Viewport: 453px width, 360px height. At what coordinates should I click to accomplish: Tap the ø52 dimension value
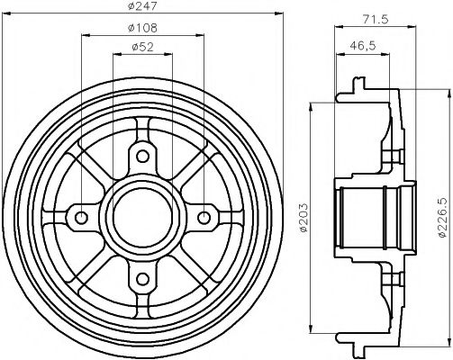(x=142, y=49)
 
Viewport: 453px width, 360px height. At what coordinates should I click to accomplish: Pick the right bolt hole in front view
(x=204, y=217)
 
